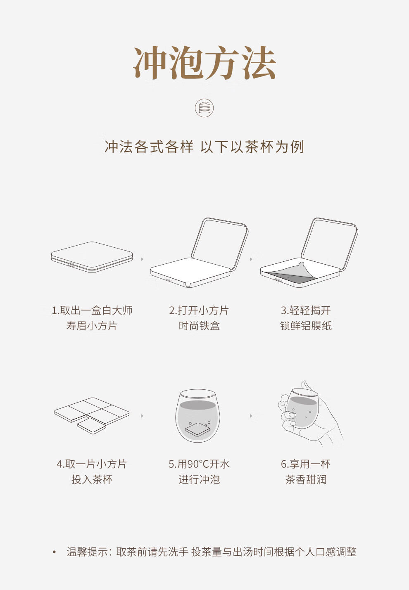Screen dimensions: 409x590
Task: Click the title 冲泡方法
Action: pyautogui.click(x=204, y=63)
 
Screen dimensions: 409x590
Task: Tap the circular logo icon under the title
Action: pyautogui.click(x=204, y=108)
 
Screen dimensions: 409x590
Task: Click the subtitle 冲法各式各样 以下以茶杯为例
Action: pyautogui.click(x=204, y=147)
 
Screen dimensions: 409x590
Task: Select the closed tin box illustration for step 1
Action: pyautogui.click(x=92, y=257)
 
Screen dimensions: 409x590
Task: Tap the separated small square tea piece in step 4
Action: pyautogui.click(x=91, y=426)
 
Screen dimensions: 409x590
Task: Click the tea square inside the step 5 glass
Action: pyautogui.click(x=198, y=429)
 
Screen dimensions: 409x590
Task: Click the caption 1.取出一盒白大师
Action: pyautogui.click(x=92, y=310)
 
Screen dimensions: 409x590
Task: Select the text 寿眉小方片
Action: pyautogui.click(x=92, y=326)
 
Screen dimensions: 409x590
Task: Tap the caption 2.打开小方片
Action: pyautogui.click(x=199, y=310)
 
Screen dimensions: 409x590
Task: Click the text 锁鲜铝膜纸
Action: pyautogui.click(x=306, y=326)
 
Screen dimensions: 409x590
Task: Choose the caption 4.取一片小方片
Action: pyautogui.click(x=92, y=464)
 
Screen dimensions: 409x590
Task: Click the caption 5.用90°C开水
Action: pyautogui.click(x=199, y=464)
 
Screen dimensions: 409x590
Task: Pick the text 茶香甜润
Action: pyautogui.click(x=306, y=480)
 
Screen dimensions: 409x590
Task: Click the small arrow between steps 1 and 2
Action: pyautogui.click(x=142, y=259)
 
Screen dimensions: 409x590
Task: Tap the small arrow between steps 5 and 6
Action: pyautogui.click(x=251, y=416)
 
